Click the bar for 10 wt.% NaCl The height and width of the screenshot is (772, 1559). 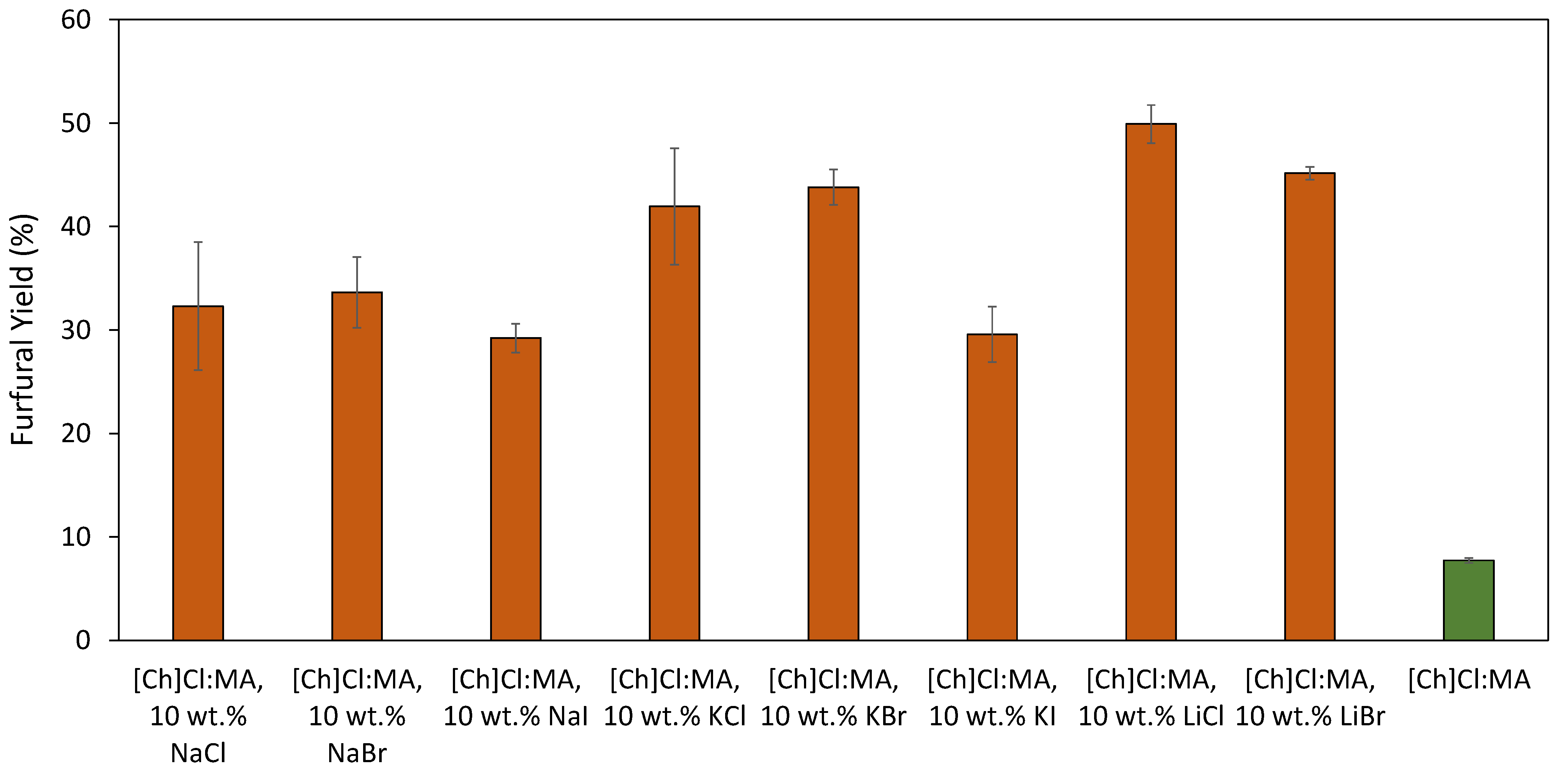pyautogui.click(x=198, y=472)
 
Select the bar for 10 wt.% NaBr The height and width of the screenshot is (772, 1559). pyautogui.click(x=357, y=466)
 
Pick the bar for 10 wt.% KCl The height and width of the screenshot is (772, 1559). pyautogui.click(x=674, y=424)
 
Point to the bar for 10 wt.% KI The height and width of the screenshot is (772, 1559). pyautogui.click(x=992, y=487)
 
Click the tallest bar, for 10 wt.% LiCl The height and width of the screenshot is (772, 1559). pyautogui.click(x=1151, y=381)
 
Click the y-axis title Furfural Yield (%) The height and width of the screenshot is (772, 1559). pyautogui.click(x=23, y=330)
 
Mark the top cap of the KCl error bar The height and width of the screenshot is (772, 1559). pyautogui.click(x=674, y=148)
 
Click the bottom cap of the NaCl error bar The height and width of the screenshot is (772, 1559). pyautogui.click(x=198, y=370)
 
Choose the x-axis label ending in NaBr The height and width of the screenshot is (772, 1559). pyautogui.click(x=357, y=716)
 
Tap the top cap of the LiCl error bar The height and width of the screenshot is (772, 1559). pyautogui.click(x=1151, y=105)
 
